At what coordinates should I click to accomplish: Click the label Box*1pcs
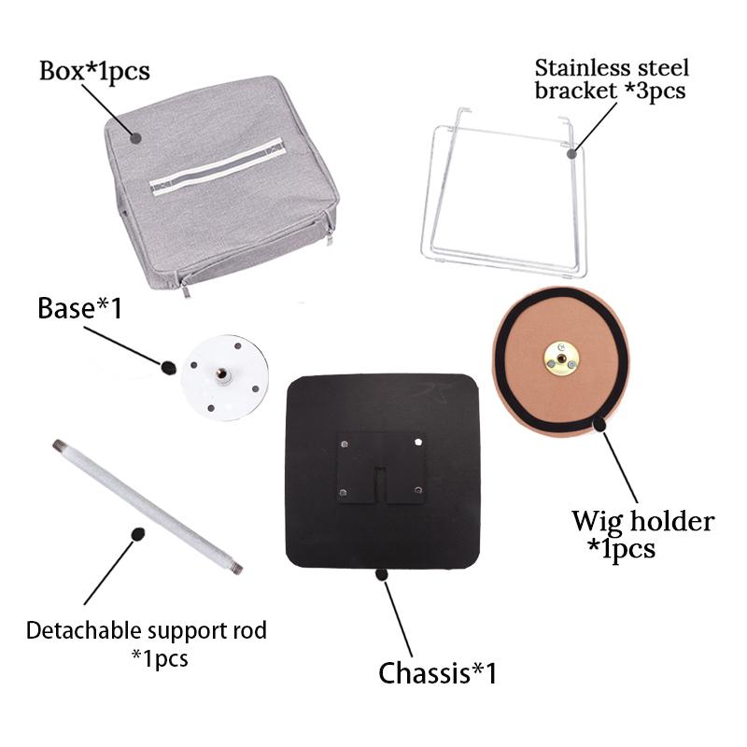[94, 72]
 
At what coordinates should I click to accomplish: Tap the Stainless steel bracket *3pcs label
[612, 79]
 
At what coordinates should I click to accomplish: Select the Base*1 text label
[79, 308]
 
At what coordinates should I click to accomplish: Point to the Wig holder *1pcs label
[642, 534]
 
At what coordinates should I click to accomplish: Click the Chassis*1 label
[437, 672]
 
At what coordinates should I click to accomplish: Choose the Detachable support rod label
[147, 631]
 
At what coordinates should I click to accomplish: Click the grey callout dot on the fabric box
[135, 138]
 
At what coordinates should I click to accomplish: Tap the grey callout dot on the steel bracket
[572, 153]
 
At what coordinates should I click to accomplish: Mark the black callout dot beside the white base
[168, 367]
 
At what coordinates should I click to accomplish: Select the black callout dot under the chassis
[382, 574]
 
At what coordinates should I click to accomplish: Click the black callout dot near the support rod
[138, 534]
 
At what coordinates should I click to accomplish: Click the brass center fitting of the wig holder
[562, 359]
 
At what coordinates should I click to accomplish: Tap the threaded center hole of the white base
[221, 374]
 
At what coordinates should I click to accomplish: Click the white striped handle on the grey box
[218, 166]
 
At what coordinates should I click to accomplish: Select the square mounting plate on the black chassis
[381, 469]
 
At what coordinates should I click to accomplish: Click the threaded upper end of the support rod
[59, 446]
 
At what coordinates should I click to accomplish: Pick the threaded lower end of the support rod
[236, 568]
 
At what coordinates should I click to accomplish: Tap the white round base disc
[225, 378]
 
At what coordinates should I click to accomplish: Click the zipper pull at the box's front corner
[185, 289]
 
